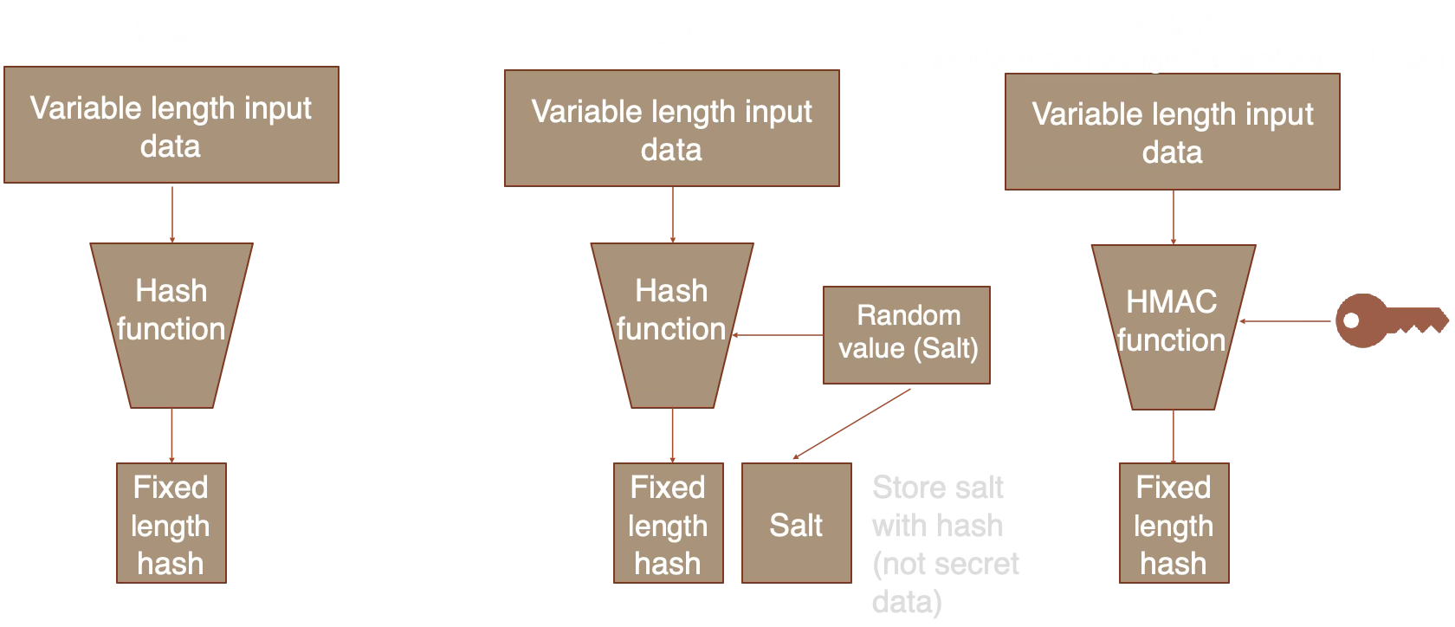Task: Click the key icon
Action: coord(1389,320)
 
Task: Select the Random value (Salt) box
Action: coord(906,334)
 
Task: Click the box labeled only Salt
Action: coord(796,523)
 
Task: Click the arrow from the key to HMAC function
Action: coord(1286,321)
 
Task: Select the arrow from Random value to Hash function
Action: coord(778,334)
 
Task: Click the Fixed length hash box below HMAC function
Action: coord(1174,523)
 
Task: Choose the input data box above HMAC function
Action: coord(1172,132)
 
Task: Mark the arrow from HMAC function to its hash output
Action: coord(1174,436)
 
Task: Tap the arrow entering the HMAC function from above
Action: coord(1174,217)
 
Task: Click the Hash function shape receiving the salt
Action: coord(672,325)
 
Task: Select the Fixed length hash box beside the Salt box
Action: coord(668,523)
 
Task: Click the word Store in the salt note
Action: coord(905,488)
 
